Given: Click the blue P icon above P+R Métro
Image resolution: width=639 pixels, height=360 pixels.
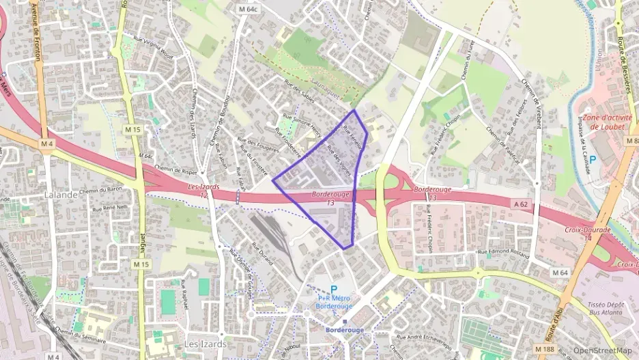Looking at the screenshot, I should pos(334,289).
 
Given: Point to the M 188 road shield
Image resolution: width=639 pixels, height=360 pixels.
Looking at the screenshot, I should pos(545,349).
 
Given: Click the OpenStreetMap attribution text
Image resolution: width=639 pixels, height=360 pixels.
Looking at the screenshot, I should pos(603,350).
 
